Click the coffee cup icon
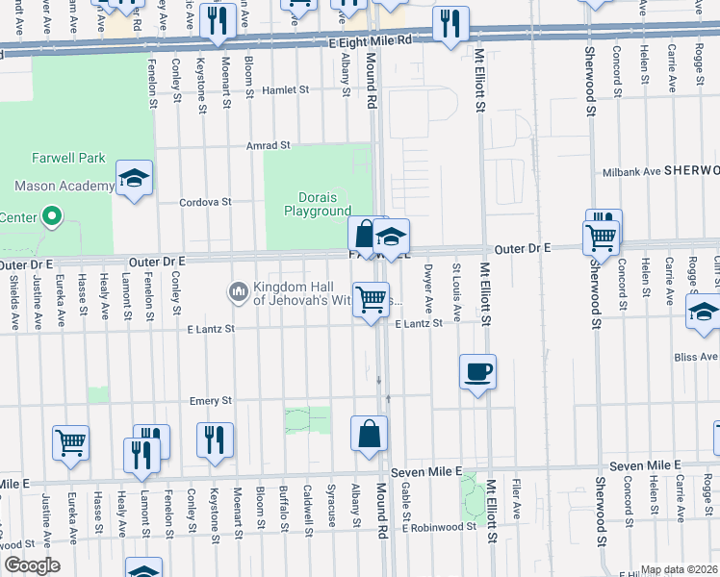(478, 371)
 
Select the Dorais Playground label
(317, 204)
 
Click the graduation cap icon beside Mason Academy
(135, 178)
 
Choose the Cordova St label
(206, 202)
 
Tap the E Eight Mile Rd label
(370, 41)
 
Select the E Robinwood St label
(440, 528)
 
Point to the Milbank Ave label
(631, 171)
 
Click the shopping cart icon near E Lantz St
(371, 300)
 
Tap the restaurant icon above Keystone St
(215, 439)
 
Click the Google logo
(32, 565)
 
